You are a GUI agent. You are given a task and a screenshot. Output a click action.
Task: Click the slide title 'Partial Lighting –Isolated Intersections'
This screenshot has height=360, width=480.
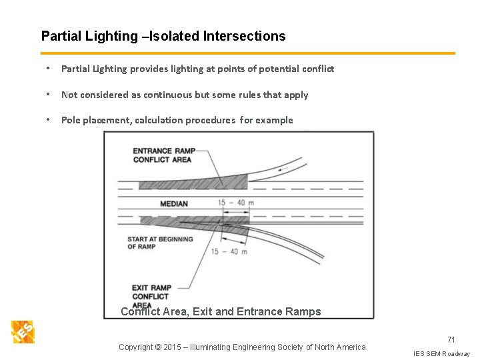coord(163,37)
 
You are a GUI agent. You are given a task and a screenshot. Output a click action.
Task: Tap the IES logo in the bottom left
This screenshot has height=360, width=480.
coord(23,331)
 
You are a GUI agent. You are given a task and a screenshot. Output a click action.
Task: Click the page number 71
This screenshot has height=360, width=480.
coord(451,340)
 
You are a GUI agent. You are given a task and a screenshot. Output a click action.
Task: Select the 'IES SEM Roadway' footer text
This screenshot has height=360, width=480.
coord(441,353)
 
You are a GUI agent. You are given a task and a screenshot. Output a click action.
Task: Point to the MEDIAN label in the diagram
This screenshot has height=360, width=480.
coord(174,203)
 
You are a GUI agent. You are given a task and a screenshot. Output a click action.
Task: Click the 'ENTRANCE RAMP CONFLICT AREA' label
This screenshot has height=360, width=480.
coord(163,155)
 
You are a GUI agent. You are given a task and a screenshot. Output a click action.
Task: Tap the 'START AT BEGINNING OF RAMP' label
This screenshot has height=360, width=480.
coord(160,243)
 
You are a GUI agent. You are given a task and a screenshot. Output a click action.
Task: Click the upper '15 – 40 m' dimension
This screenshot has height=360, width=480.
coord(236,203)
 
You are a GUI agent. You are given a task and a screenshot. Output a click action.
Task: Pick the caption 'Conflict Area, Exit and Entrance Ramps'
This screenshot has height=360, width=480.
coord(221,312)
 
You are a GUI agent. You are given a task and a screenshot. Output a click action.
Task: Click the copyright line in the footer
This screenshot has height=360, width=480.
coord(242,347)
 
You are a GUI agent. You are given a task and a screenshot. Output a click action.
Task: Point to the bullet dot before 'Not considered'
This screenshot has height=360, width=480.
coord(49,95)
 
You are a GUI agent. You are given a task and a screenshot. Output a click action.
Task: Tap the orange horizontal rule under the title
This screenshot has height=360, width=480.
coord(248,53)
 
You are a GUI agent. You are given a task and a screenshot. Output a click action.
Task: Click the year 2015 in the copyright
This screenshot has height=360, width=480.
coord(173,347)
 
